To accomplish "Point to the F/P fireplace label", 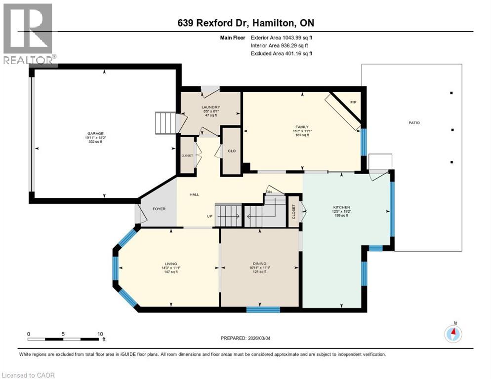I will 353,102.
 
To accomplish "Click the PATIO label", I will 414,122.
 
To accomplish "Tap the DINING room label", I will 259,264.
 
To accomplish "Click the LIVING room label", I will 171,264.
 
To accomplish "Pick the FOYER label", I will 159,209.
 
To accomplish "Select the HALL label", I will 194,194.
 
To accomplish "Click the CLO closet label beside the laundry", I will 231,152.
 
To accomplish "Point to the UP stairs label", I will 209,216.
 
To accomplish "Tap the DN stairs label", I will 269,192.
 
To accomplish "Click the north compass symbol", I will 453,334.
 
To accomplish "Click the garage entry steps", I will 165,123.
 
